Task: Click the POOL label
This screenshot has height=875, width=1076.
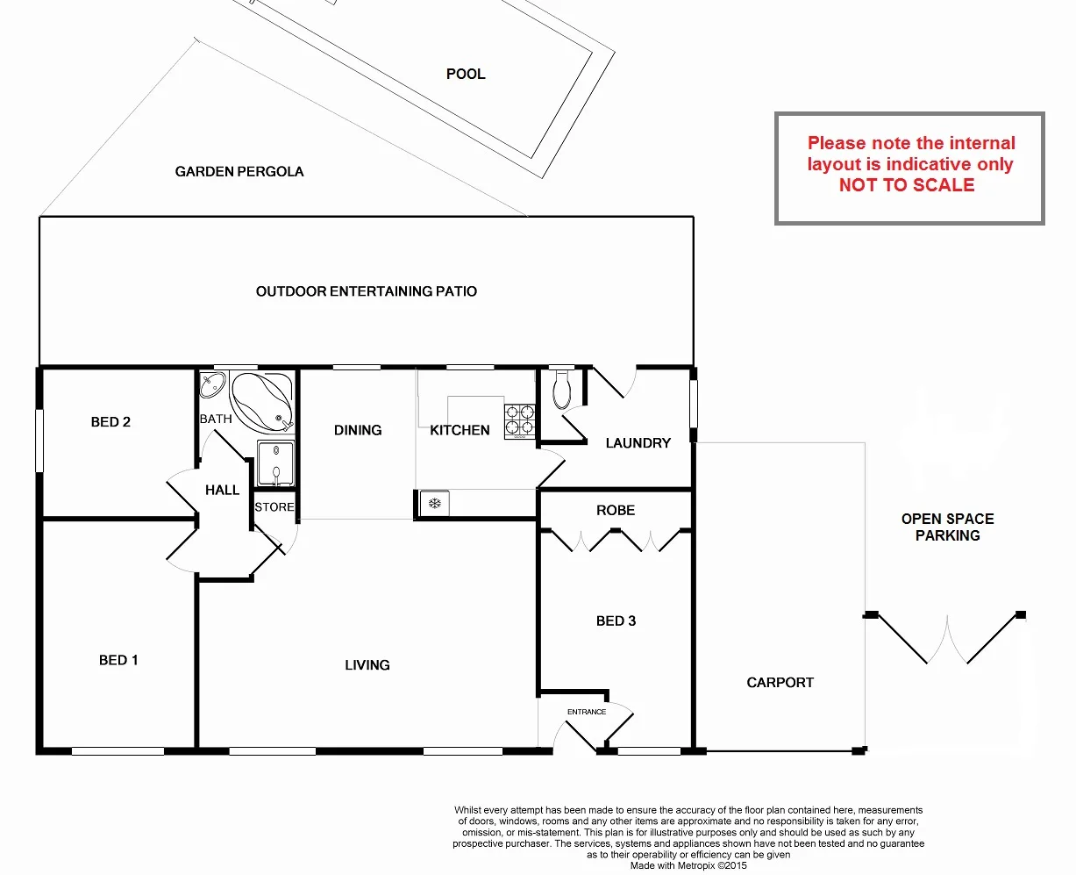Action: pos(466,74)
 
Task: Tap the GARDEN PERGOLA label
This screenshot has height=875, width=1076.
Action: pos(239,171)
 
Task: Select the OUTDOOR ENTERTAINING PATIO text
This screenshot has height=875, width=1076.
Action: pos(367,291)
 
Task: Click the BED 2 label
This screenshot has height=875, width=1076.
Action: pos(110,422)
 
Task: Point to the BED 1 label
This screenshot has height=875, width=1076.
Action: pos(118,660)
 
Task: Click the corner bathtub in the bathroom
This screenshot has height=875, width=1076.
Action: pos(261,401)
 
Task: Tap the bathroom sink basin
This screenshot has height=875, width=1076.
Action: pos(212,386)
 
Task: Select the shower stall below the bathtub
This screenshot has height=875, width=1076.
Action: pos(275,464)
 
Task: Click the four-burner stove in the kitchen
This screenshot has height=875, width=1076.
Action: pos(520,420)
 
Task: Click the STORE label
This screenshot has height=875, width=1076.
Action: pos(274,507)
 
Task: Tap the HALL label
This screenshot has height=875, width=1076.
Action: pos(222,490)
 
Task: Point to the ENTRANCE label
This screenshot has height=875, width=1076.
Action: pos(587,712)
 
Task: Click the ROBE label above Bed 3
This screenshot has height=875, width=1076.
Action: pos(616,510)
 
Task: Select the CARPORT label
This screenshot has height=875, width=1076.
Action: pos(780,682)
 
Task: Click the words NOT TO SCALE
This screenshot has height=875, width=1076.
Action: pos(907,185)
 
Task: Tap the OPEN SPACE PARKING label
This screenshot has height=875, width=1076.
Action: pos(948,527)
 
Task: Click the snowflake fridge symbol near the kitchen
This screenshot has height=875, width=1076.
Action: pos(433,504)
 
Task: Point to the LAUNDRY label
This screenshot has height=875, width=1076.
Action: pos(638,443)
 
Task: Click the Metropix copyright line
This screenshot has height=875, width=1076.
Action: pos(688,865)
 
